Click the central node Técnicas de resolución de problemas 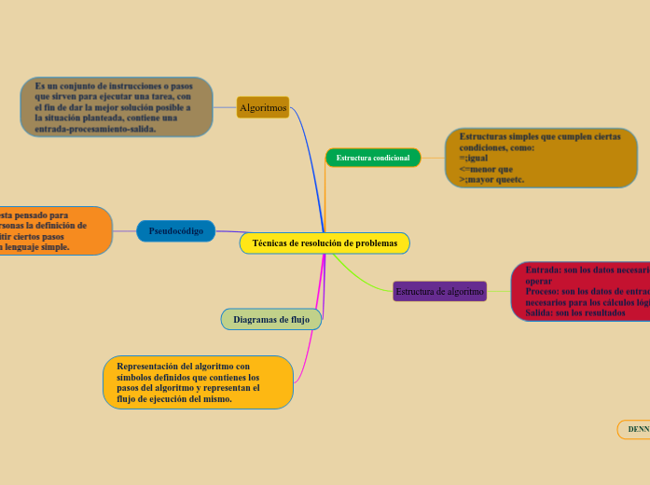click(325, 243)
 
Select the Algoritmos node click(263, 108)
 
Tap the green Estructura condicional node click(373, 158)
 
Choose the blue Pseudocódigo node click(176, 230)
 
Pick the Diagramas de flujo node click(271, 319)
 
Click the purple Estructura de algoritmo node click(439, 292)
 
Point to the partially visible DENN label click(638, 429)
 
